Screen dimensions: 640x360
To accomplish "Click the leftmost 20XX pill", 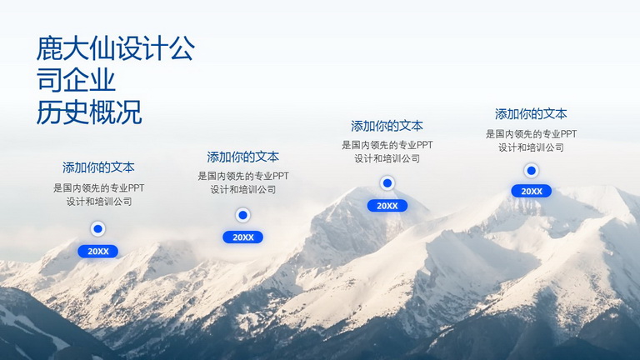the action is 98,252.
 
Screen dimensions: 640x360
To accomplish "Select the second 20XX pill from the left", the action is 242,237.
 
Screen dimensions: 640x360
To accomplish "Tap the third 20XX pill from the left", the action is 387,206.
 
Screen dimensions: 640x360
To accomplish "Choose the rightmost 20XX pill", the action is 531,191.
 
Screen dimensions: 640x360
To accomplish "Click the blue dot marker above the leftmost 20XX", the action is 98,229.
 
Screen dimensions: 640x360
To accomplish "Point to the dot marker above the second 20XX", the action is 242,215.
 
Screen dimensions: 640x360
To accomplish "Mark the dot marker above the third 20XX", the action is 387,183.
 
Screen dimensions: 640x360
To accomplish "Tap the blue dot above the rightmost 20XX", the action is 531,171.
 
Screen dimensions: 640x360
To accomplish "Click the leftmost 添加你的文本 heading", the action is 98,167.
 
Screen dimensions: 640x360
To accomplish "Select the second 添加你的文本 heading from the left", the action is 242,157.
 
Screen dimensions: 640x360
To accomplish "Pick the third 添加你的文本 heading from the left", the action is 387,126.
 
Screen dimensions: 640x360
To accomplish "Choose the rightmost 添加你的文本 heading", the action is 531,114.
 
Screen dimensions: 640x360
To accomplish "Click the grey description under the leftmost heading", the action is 99,195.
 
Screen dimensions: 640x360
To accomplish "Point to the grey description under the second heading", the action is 243,182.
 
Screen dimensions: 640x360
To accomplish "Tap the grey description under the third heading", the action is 387,152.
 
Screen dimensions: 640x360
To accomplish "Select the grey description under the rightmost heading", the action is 531,140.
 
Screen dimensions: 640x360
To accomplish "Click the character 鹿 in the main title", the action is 49,48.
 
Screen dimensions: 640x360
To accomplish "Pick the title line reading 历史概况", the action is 89,112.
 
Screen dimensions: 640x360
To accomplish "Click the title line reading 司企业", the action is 76,80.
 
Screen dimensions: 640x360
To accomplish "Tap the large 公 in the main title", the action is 182,48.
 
